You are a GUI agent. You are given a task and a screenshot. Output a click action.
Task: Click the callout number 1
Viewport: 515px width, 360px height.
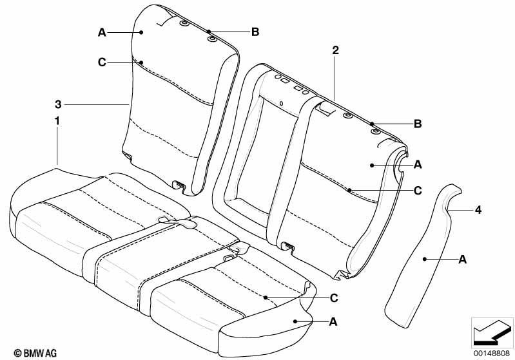pos(57,121)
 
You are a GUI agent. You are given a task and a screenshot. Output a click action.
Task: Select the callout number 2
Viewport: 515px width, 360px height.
pos(335,50)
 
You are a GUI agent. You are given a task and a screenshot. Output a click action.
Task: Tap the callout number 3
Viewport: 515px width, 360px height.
pos(58,105)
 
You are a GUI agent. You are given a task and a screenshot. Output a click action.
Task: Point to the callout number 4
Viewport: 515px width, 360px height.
pos(478,210)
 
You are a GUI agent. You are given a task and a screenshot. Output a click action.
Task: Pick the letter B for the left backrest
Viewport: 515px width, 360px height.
pos(255,32)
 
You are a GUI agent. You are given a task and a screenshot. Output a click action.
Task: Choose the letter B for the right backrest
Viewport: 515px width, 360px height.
pos(418,124)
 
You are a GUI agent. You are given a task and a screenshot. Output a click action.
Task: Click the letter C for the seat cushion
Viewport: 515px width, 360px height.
pos(334,298)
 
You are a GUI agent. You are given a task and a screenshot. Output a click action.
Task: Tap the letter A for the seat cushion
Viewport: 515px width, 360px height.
pos(333,321)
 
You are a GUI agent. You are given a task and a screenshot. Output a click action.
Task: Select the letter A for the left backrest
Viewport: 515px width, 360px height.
pos(102,32)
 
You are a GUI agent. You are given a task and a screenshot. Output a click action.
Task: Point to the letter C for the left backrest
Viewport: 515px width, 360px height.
pos(102,62)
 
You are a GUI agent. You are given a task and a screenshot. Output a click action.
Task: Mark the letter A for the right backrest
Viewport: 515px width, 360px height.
pos(418,164)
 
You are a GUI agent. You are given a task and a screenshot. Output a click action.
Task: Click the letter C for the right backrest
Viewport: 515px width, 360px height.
pos(418,191)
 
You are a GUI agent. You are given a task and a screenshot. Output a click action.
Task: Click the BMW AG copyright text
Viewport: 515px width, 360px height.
pos(35,353)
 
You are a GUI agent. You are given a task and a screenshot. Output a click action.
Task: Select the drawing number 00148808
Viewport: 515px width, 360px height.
pos(492,354)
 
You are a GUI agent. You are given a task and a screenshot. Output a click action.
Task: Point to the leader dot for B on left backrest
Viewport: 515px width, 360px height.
pos(209,32)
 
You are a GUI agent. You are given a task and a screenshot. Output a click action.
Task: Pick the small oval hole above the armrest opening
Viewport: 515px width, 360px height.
pos(282,104)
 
